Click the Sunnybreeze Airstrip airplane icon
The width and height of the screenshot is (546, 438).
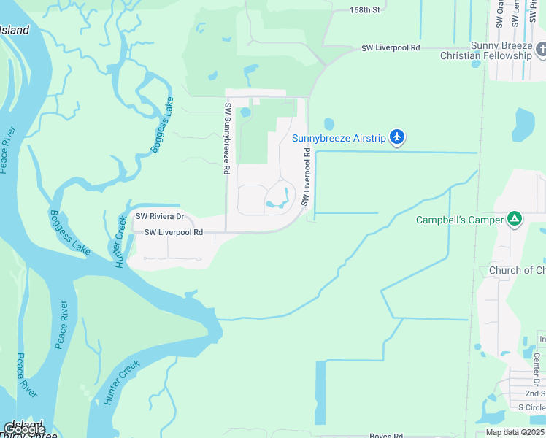click(397, 137)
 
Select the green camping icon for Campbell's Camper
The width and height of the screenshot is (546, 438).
click(515, 218)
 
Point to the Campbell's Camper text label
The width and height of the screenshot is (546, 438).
click(460, 220)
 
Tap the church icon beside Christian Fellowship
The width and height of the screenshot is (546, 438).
click(541, 50)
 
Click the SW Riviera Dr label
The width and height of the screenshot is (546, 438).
click(160, 217)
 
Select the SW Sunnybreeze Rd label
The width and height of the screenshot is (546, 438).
click(227, 139)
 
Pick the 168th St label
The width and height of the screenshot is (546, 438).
click(365, 10)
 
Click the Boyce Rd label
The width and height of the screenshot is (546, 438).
click(386, 435)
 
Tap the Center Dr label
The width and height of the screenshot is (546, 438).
click(536, 369)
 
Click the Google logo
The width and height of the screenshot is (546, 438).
click(24, 429)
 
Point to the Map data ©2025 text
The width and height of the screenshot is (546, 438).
click(515, 432)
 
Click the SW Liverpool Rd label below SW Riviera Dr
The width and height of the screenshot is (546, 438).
click(173, 232)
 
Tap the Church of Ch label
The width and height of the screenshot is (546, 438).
click(517, 270)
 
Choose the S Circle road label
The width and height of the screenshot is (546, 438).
click(531, 407)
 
